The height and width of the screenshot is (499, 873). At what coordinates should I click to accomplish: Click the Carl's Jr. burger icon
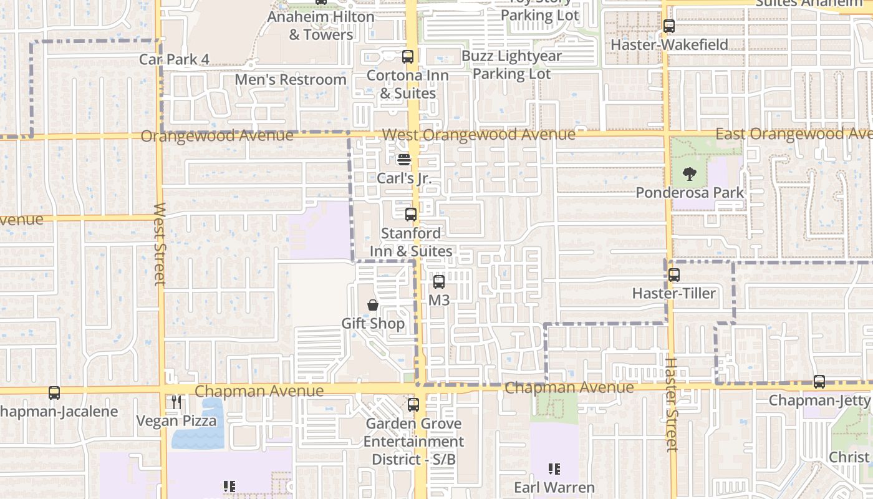[404, 159]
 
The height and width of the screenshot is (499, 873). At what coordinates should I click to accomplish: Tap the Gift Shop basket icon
[373, 305]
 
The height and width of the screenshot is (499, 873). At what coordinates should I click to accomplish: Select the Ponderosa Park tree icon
[689, 174]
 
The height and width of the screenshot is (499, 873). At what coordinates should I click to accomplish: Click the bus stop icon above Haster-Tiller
[673, 275]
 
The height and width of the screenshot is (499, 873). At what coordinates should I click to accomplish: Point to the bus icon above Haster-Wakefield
[669, 26]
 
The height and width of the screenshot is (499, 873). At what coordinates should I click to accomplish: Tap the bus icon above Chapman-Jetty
[819, 382]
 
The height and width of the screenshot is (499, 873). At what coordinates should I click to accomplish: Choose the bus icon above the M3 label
[439, 282]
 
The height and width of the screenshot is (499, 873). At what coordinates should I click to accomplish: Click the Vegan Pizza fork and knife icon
[176, 402]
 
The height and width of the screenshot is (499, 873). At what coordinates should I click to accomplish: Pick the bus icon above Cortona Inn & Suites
[408, 57]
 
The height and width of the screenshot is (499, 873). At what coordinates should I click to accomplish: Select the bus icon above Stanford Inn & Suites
[411, 215]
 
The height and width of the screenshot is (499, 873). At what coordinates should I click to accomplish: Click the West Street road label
[160, 244]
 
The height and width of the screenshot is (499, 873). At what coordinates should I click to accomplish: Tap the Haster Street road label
[671, 404]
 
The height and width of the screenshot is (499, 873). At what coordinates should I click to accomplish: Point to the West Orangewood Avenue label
[478, 135]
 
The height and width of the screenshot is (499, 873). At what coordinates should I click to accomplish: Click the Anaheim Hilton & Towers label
[321, 26]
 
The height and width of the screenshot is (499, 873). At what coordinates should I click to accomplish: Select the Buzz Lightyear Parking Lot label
[511, 65]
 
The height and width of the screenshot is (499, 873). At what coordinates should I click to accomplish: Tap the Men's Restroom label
[290, 80]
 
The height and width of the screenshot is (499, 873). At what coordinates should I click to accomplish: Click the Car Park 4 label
[174, 59]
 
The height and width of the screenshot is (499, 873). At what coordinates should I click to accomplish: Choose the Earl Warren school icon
[554, 469]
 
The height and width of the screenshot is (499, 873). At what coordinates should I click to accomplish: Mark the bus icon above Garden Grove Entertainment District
[413, 405]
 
